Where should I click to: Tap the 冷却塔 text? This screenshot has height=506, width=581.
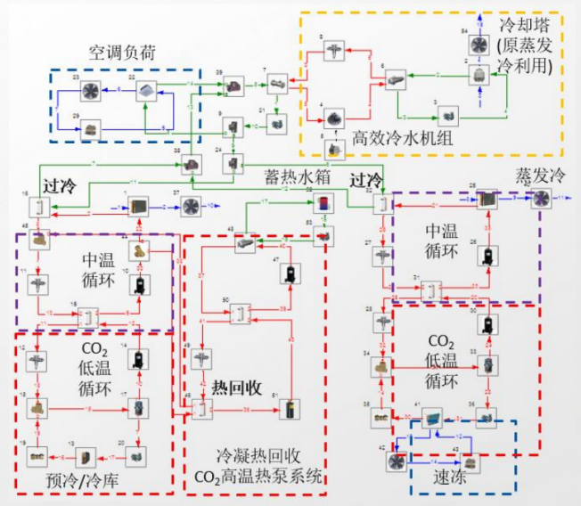click(x=524, y=24)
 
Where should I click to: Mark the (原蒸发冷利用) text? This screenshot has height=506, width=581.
click(x=524, y=55)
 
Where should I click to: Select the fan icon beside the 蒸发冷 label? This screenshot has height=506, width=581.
click(x=541, y=199)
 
